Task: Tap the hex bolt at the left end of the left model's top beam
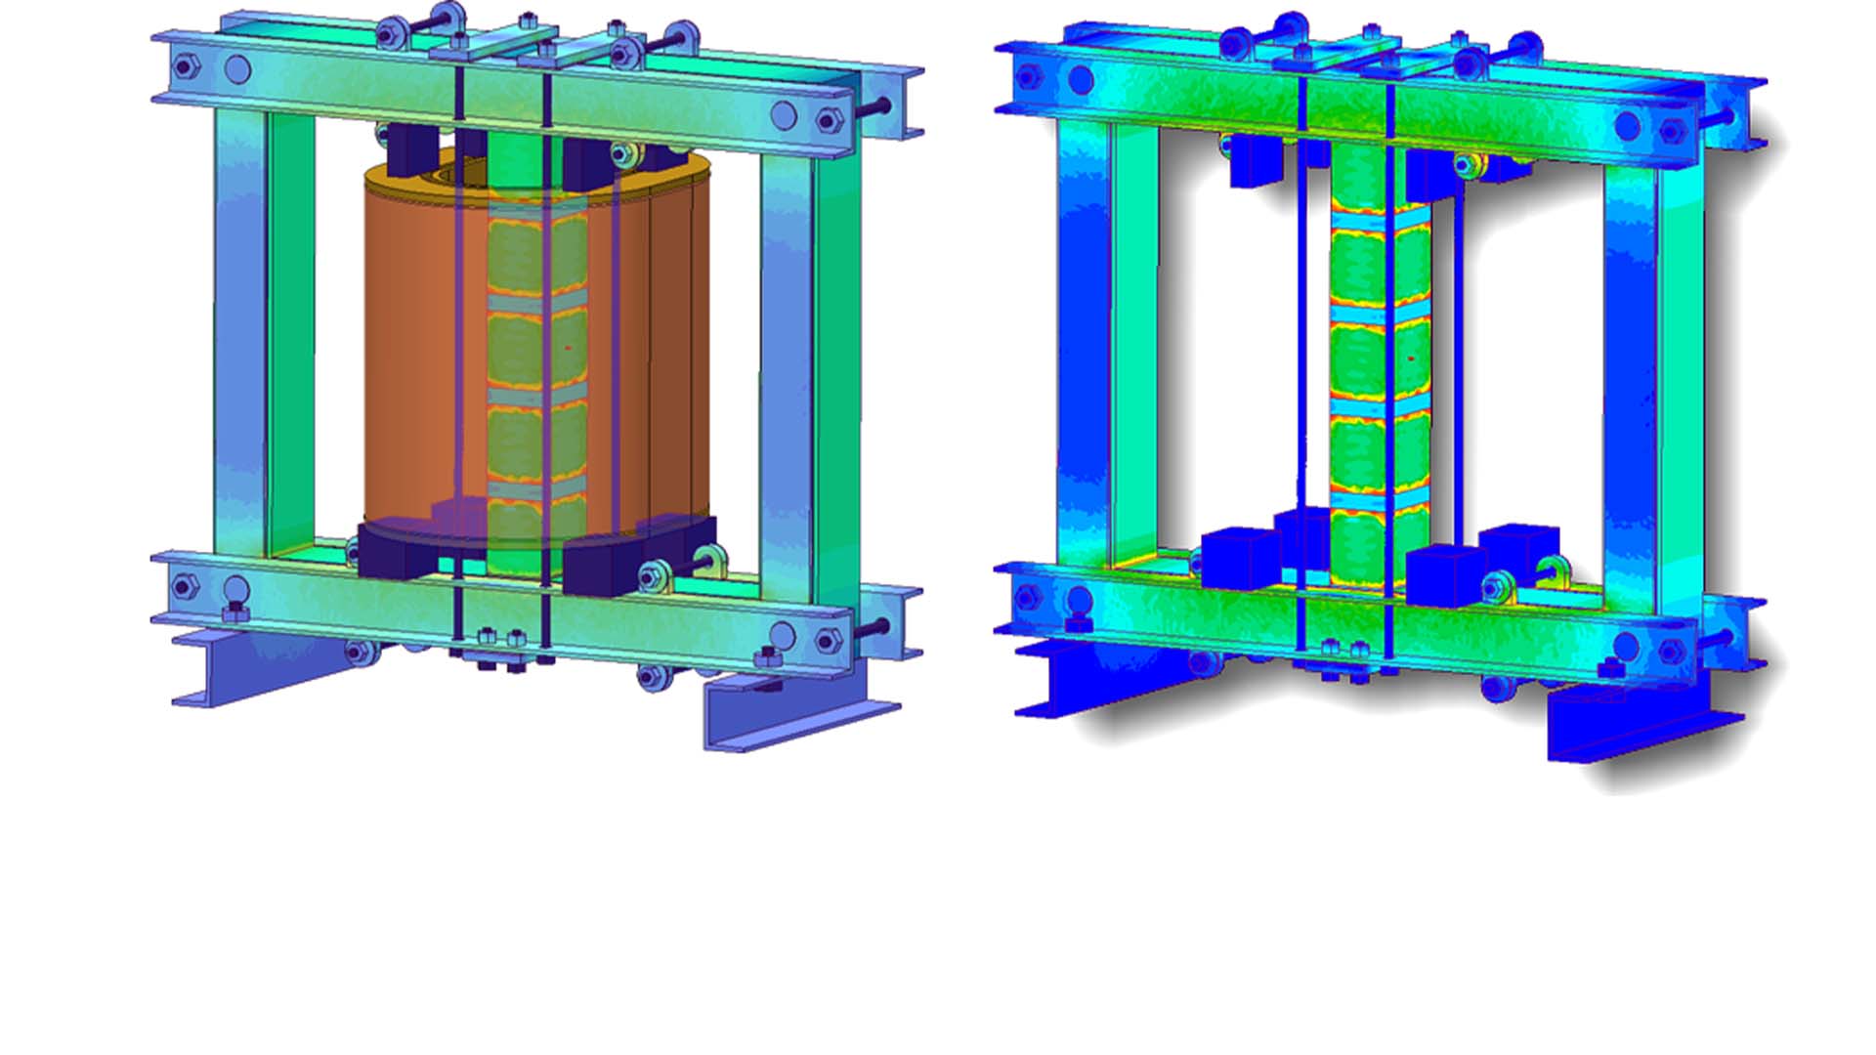pyautogui.click(x=183, y=67)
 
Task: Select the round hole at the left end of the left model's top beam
pyautogui.click(x=237, y=69)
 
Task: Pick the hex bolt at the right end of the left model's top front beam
pyautogui.click(x=828, y=122)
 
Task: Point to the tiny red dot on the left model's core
pyautogui.click(x=568, y=347)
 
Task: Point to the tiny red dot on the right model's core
pyautogui.click(x=1411, y=359)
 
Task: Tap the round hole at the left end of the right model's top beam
pyautogui.click(x=1081, y=80)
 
